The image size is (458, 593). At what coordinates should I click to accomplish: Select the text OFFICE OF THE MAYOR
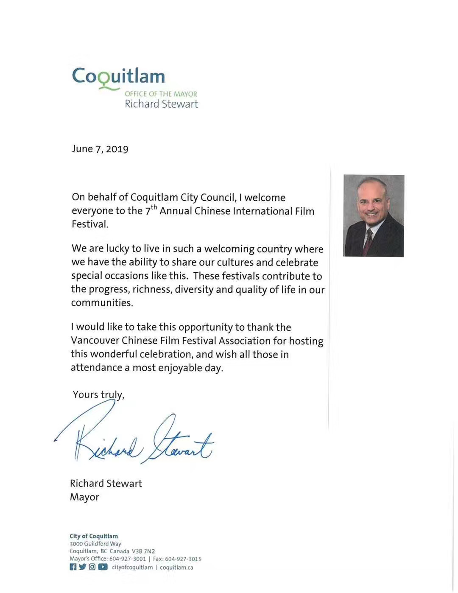(x=161, y=94)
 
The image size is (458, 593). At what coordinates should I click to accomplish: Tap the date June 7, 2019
(x=100, y=149)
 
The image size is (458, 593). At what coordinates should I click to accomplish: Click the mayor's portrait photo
(x=373, y=215)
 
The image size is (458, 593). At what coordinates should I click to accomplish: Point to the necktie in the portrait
(x=368, y=242)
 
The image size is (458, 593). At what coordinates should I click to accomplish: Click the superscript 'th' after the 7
(x=154, y=207)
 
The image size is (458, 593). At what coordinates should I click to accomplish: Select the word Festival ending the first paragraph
(x=89, y=224)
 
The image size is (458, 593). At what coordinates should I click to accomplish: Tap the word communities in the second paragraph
(x=102, y=303)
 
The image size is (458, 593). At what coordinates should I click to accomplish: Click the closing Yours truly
(x=98, y=395)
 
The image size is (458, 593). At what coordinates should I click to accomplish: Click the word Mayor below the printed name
(x=84, y=497)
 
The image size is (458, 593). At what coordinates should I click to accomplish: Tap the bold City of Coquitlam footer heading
(x=94, y=536)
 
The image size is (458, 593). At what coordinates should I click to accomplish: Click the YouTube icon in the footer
(x=103, y=567)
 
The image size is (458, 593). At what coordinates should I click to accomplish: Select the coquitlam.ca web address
(x=176, y=568)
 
